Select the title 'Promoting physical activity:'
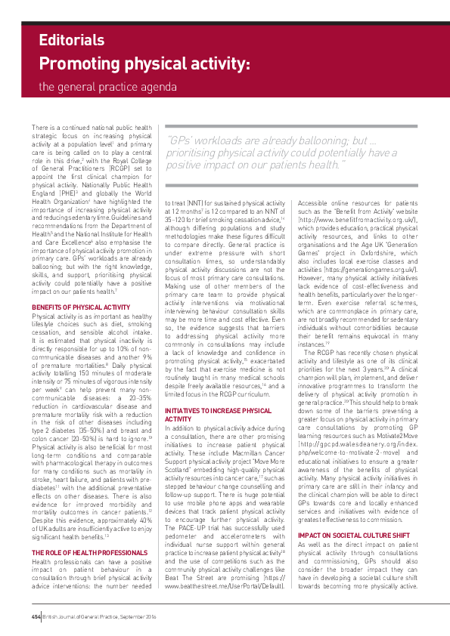point(144,63)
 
